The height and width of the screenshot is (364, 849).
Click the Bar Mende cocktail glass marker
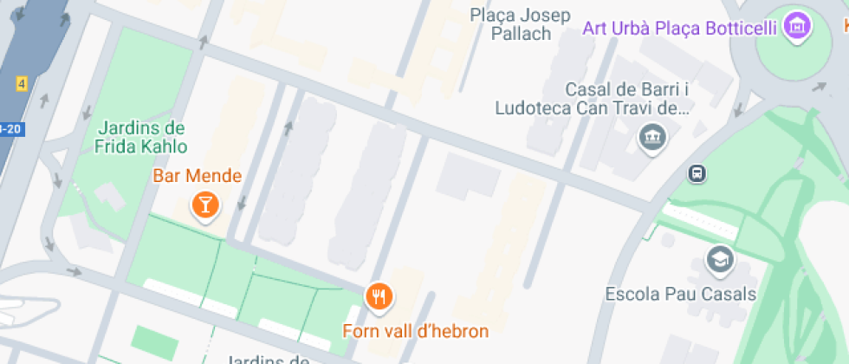point(204,205)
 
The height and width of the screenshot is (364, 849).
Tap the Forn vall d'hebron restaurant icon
point(379,296)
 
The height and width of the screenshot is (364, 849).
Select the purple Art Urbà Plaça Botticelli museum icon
point(796,28)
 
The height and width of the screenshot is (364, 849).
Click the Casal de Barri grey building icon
point(649,136)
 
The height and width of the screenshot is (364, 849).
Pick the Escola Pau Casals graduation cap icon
point(721,258)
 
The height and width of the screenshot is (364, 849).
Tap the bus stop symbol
point(697,173)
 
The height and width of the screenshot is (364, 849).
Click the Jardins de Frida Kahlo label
point(142,137)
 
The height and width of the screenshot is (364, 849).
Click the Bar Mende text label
point(198,176)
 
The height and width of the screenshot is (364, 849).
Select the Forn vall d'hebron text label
point(416,331)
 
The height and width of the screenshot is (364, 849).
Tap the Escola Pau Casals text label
point(681,294)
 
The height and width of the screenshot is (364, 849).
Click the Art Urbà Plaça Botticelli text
point(679,29)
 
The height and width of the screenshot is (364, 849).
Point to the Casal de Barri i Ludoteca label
point(592,99)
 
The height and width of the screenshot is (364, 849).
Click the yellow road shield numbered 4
point(22,84)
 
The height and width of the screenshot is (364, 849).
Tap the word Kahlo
point(165,146)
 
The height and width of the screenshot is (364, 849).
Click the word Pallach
point(521,35)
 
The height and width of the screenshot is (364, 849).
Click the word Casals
point(729,294)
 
